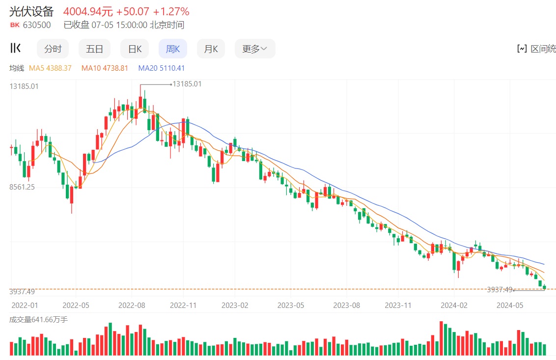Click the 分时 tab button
[x=53, y=49]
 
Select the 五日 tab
[x=94, y=49]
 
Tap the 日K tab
[x=135, y=49]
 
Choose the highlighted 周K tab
[x=173, y=49]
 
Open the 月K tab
[x=211, y=49]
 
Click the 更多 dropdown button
[x=254, y=49]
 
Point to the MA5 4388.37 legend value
[x=51, y=68]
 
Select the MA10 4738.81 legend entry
[x=105, y=68]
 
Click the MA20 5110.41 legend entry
[x=162, y=68]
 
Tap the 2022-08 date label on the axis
[x=132, y=305]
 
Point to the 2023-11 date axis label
[x=398, y=305]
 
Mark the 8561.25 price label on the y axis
[x=22, y=187]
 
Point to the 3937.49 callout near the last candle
[x=500, y=290]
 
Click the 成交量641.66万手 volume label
[x=39, y=320]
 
